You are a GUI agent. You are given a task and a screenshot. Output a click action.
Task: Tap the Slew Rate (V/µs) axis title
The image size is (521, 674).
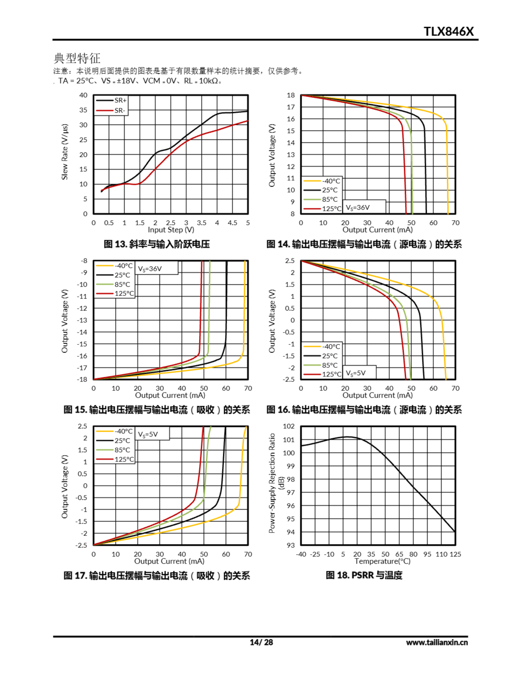(x=65, y=152)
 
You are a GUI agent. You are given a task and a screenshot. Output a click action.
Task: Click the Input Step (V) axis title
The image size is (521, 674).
(x=171, y=230)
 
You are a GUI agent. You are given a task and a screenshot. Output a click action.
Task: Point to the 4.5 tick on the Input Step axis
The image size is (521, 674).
(x=232, y=223)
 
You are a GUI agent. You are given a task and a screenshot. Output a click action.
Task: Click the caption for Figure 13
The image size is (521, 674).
(x=156, y=244)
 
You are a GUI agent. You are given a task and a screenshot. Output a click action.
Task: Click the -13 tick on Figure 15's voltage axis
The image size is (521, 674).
(x=82, y=320)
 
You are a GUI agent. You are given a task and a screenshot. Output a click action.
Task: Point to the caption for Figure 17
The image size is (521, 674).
(x=156, y=576)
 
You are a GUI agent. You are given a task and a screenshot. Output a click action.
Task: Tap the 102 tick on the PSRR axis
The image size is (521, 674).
(x=289, y=426)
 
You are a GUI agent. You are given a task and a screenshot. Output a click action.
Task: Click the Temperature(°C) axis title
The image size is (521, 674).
(x=382, y=561)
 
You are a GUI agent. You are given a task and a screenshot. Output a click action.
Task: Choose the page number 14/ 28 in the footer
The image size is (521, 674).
(x=261, y=642)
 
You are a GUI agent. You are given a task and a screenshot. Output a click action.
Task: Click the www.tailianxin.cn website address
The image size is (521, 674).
(x=437, y=642)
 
